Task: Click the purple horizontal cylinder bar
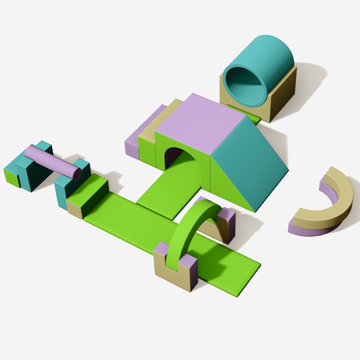49,160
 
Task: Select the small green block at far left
11,176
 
